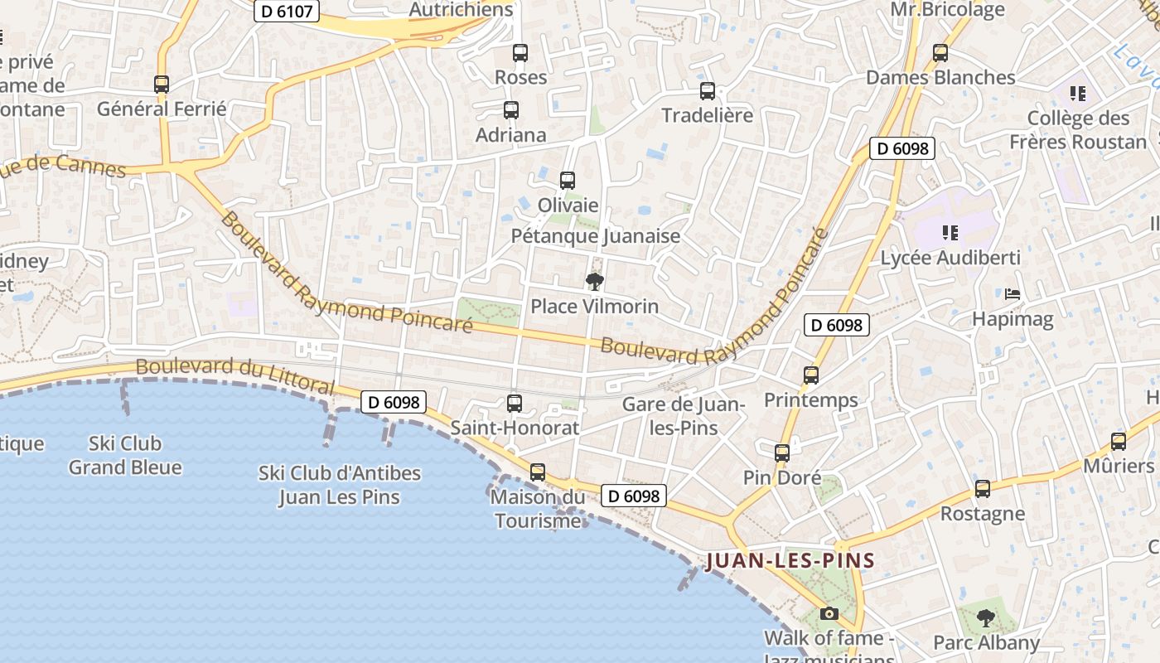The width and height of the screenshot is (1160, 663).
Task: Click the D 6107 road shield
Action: pyautogui.click(x=286, y=12)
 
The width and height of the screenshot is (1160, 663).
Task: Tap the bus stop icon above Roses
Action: pyautogui.click(x=520, y=53)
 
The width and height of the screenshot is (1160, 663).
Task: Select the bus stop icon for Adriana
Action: pyautogui.click(x=511, y=110)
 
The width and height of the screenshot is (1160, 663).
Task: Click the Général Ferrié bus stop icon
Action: pyautogui.click(x=162, y=84)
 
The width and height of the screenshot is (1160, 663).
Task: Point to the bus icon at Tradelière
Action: pyautogui.click(x=708, y=91)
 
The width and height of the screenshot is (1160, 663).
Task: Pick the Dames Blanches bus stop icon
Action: pyautogui.click(x=940, y=53)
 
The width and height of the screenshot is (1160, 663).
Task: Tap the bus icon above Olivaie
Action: pyautogui.click(x=568, y=180)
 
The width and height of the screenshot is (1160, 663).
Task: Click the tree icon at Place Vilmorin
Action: pyautogui.click(x=594, y=282)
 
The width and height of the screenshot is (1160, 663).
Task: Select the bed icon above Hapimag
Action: pyautogui.click(x=1013, y=293)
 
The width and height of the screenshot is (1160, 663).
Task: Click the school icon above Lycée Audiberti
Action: pyautogui.click(x=950, y=233)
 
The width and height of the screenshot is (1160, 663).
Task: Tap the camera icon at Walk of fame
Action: pyautogui.click(x=829, y=614)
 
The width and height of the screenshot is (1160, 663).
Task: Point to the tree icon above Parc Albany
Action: pyautogui.click(x=985, y=617)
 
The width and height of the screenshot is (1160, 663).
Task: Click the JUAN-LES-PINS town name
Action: pyautogui.click(x=790, y=561)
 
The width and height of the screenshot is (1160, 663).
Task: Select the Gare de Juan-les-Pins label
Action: pyautogui.click(x=684, y=416)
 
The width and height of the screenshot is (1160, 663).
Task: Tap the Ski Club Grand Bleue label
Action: pyautogui.click(x=125, y=455)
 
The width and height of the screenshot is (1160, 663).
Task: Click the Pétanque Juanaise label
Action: pyautogui.click(x=595, y=236)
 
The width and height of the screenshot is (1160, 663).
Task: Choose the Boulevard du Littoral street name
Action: pyautogui.click(x=235, y=376)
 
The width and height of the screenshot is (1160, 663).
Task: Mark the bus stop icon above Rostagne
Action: pyautogui.click(x=983, y=489)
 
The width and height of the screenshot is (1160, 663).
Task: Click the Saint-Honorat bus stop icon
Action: pyautogui.click(x=515, y=404)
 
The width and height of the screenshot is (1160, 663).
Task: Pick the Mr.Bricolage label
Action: pyautogui.click(x=947, y=10)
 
